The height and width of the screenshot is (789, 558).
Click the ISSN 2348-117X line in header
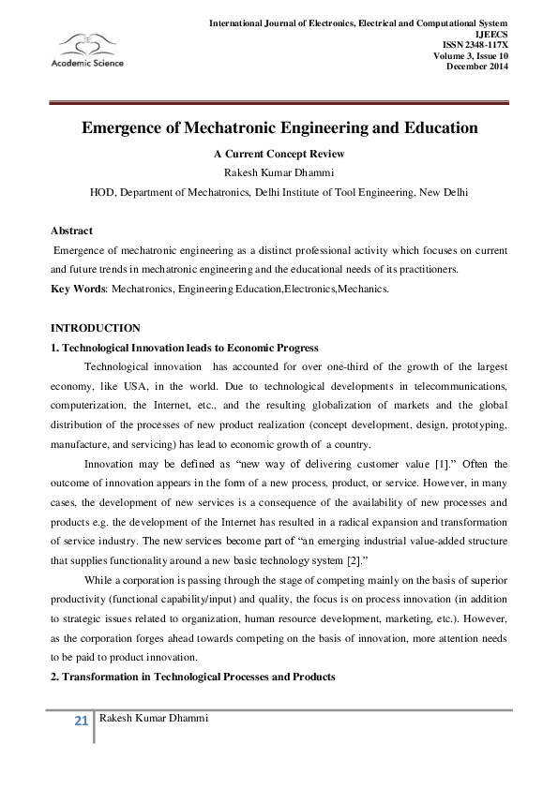tap(475, 45)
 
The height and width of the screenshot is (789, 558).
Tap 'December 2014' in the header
tap(477, 66)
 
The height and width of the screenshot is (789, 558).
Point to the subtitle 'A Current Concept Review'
tap(279, 153)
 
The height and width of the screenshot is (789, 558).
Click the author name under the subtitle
tap(279, 171)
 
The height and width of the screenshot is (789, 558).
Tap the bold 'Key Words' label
tap(78, 289)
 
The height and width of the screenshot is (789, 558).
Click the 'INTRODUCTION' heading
tap(95, 328)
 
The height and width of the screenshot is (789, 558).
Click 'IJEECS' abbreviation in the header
tap(492, 34)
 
